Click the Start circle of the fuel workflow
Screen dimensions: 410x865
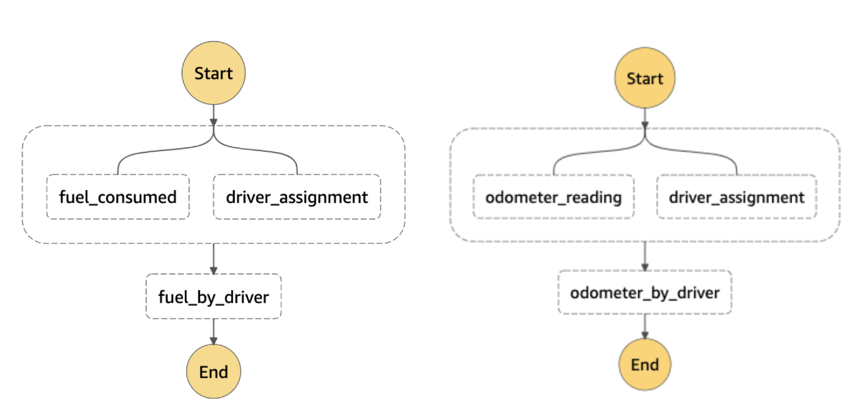pos(213,73)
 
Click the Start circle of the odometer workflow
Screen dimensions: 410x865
pos(644,79)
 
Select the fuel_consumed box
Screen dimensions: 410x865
pos(117,197)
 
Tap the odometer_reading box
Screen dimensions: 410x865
pos(553,197)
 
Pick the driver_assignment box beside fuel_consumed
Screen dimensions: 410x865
pos(297,197)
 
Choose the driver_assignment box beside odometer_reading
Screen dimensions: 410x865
pos(736,197)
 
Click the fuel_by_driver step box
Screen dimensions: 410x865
pos(213,297)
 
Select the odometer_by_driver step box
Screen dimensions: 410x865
pos(644,293)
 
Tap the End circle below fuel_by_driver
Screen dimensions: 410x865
pos(213,372)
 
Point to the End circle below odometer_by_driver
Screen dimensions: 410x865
pos(644,365)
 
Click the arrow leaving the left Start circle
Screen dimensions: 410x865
pos(213,112)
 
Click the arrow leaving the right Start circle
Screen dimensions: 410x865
pos(644,117)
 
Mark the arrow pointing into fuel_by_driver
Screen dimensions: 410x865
pos(213,259)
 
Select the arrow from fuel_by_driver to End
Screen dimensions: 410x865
pos(213,332)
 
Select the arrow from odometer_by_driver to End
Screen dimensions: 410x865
pos(644,327)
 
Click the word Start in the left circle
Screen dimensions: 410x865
pos(213,73)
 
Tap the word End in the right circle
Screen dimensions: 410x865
pos(644,365)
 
